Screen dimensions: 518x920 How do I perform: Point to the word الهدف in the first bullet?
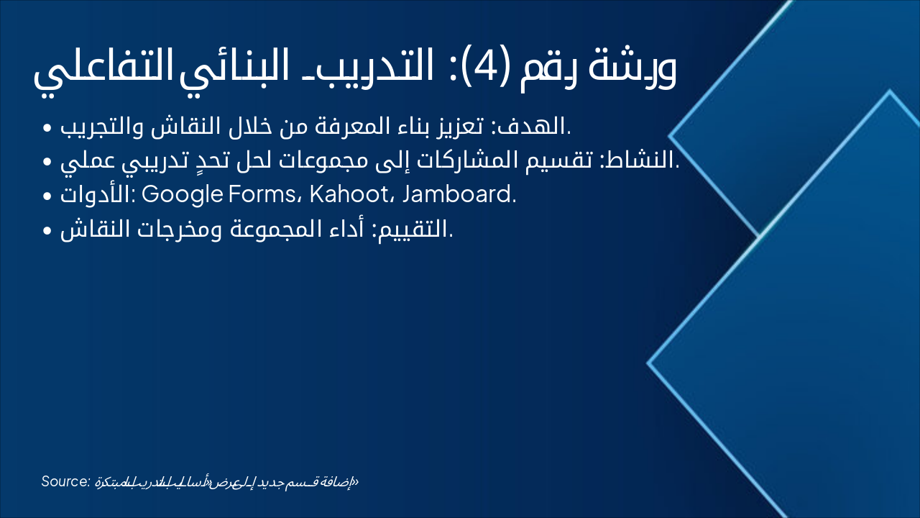point(538,128)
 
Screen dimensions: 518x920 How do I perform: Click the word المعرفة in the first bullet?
point(345,128)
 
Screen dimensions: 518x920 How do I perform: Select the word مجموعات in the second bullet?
point(323,162)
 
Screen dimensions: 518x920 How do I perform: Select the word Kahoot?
point(349,196)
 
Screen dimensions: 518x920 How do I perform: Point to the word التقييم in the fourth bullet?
point(420,230)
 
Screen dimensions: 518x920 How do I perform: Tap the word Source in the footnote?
point(65,481)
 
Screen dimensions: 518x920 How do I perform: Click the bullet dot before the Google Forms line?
point(47,196)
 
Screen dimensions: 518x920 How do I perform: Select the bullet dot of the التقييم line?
point(47,231)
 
